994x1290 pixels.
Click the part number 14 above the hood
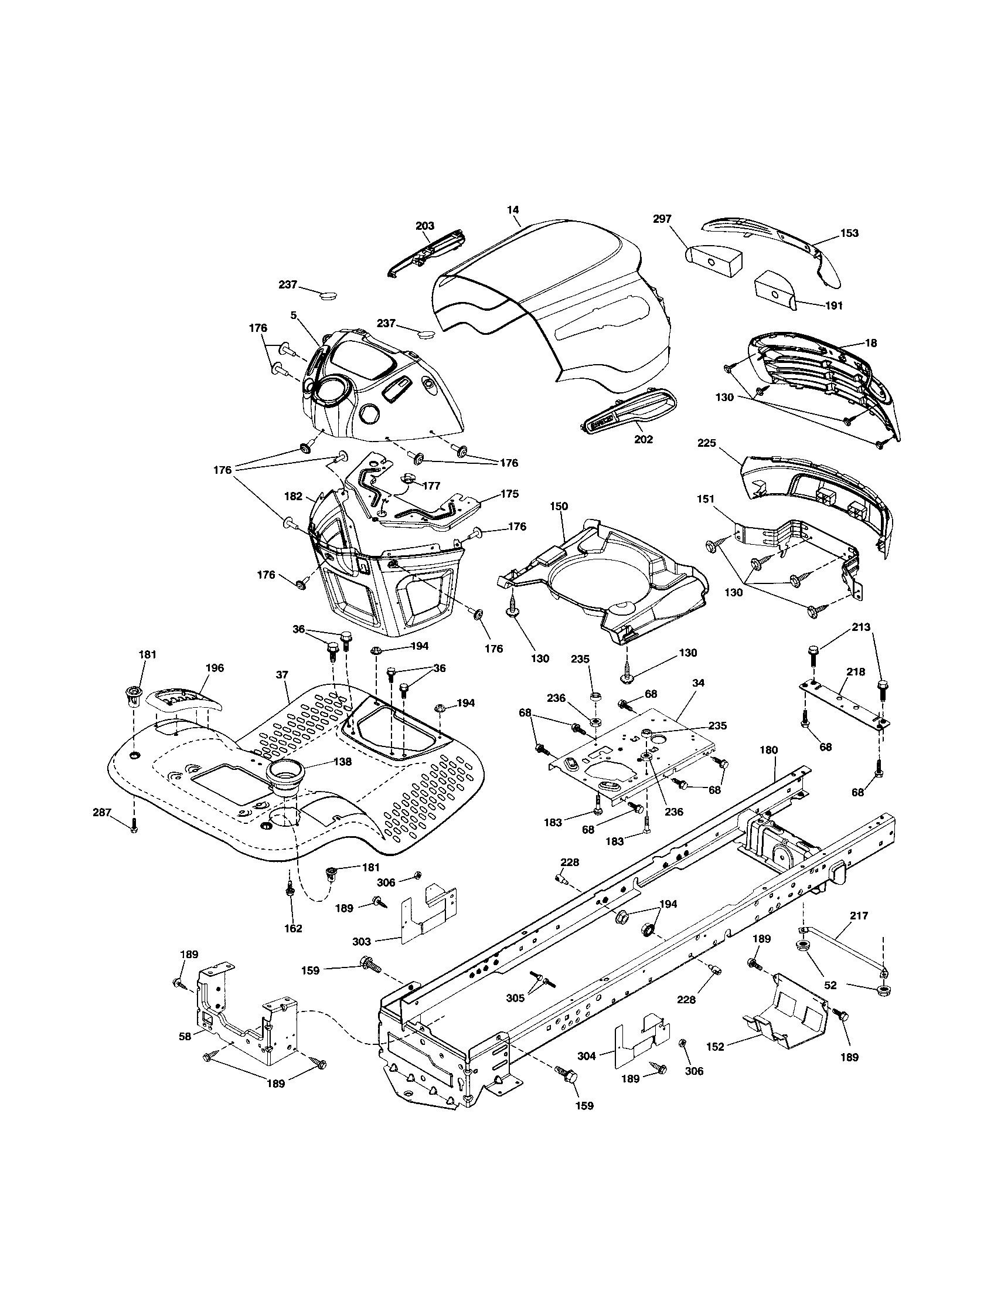pos(513,210)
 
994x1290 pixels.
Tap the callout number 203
pos(424,226)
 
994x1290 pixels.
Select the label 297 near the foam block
pos(662,219)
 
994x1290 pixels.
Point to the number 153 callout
pos(849,233)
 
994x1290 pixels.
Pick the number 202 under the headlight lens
pos(643,439)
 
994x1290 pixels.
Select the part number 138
pos(342,762)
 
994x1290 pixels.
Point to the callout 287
pos(102,813)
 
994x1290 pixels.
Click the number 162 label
pos(293,928)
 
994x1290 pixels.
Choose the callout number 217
pos(859,915)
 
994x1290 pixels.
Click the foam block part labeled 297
pos(713,258)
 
